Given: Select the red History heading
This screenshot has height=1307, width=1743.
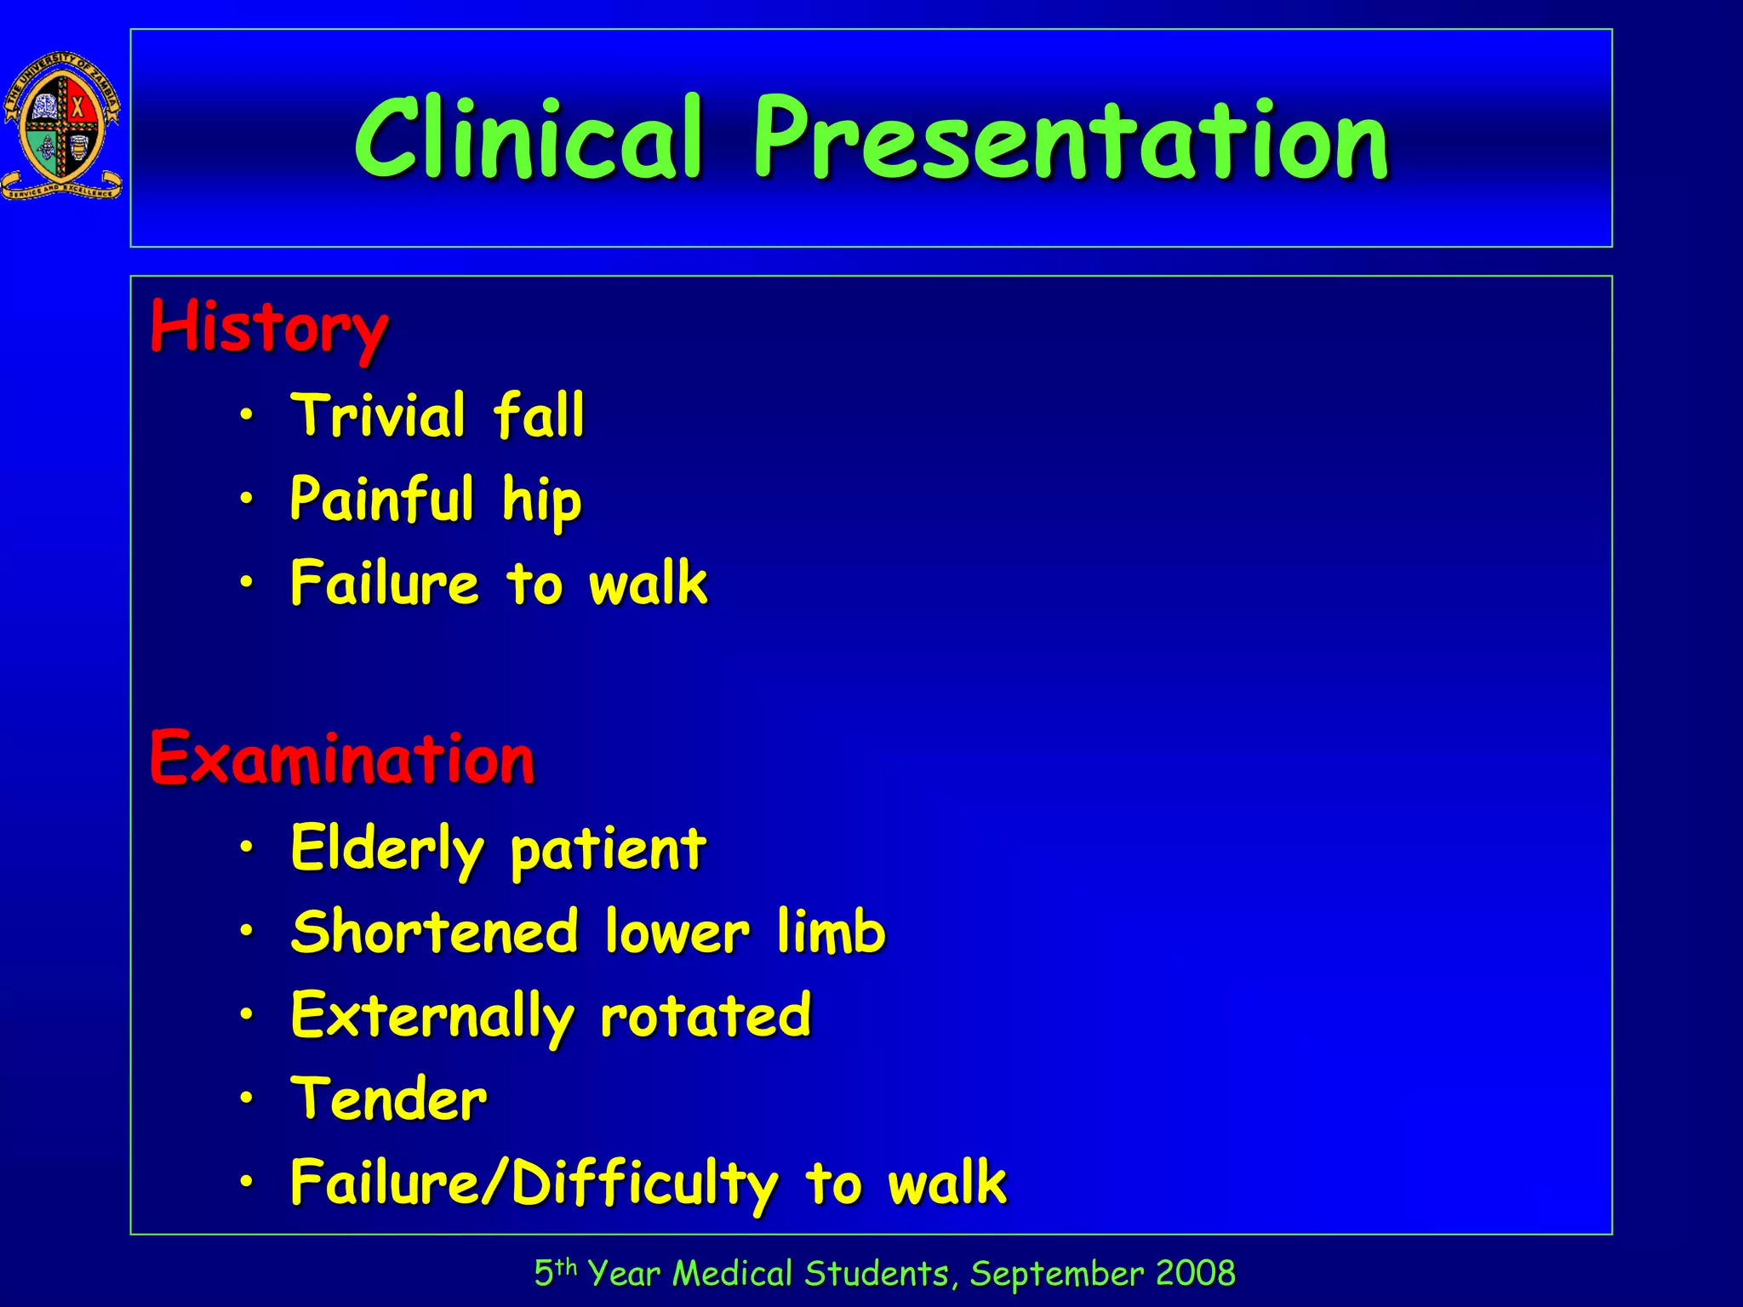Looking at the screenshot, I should (x=269, y=328).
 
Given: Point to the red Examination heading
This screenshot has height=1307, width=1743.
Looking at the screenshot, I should (x=342, y=759).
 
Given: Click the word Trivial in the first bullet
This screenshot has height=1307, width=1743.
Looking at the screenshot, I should (x=379, y=415).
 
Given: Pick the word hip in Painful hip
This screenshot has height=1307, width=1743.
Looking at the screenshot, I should (x=541, y=500).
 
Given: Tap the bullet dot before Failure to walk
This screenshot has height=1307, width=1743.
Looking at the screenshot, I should (x=246, y=583).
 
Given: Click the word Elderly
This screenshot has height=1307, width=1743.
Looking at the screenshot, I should (x=387, y=849).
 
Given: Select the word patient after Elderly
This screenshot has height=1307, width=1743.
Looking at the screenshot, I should (x=608, y=849).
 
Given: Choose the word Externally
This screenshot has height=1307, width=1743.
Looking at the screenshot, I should (x=432, y=1016).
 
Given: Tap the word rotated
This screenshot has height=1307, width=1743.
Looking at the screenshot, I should (x=706, y=1016).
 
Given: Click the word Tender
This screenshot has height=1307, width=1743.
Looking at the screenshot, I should (x=389, y=1099).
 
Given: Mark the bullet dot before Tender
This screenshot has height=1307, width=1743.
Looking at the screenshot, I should (x=246, y=1099).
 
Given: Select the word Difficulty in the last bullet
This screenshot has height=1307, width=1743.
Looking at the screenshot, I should (x=644, y=1184).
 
